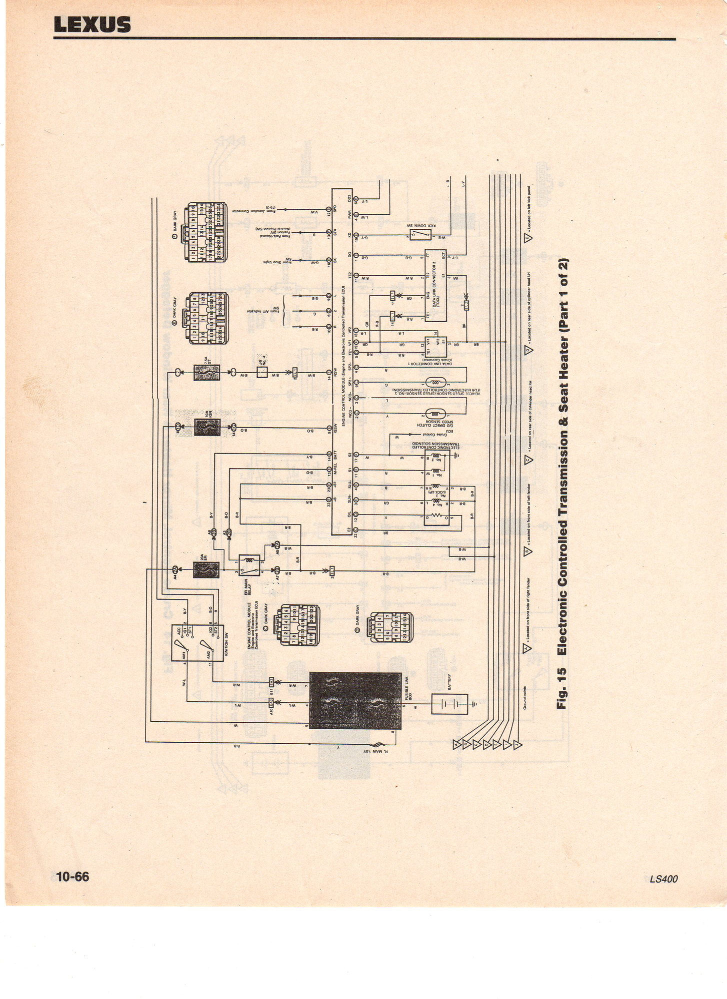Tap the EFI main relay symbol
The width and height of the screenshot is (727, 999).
click(249, 566)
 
